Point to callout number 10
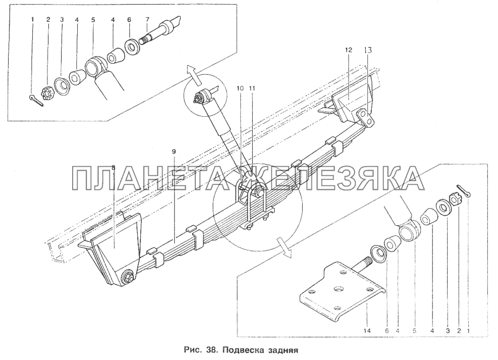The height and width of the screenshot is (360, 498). pos(240,87)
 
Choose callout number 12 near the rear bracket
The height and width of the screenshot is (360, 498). pos(348,50)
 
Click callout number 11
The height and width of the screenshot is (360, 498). pos(252,87)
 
